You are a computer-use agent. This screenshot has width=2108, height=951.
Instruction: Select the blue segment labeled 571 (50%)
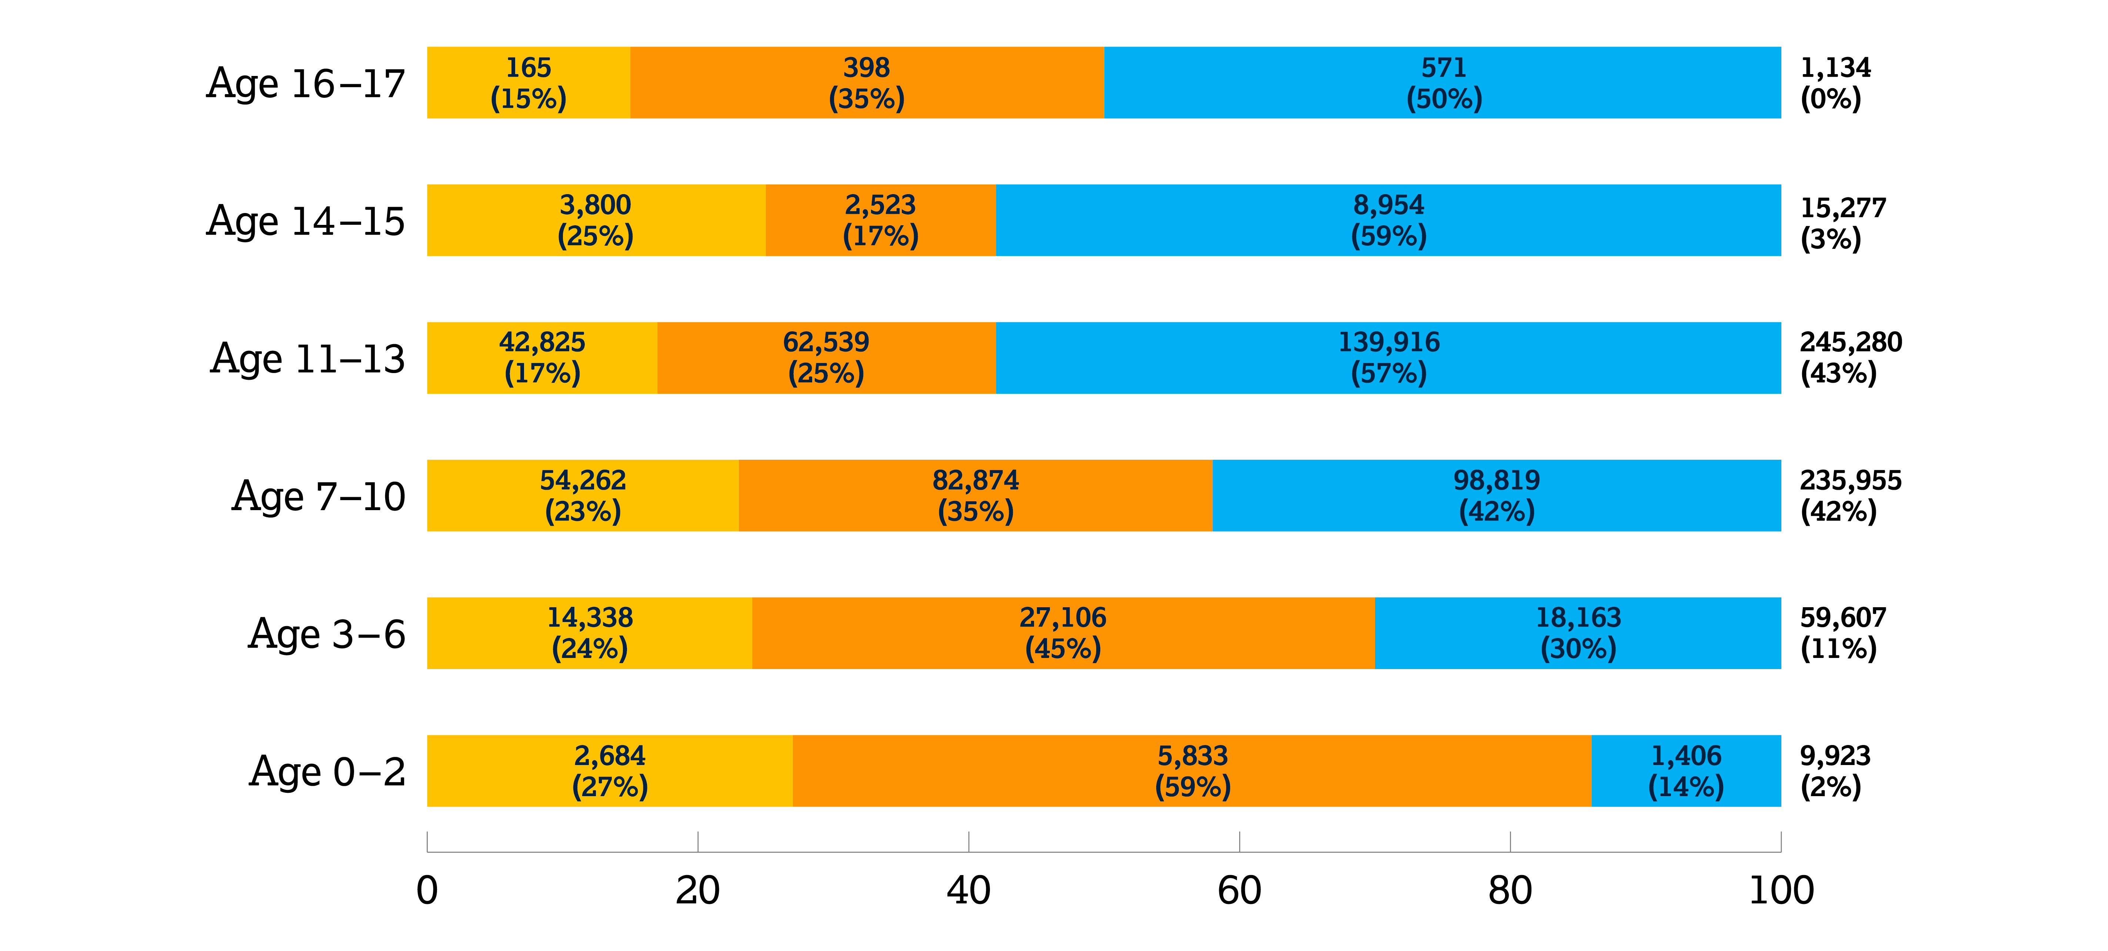pos(1443,83)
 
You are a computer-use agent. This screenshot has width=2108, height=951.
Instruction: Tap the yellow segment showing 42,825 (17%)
pos(542,358)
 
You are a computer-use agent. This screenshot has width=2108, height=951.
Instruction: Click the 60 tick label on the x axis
pos(1239,891)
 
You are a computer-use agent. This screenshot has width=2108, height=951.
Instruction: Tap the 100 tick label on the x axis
pos(1781,891)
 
